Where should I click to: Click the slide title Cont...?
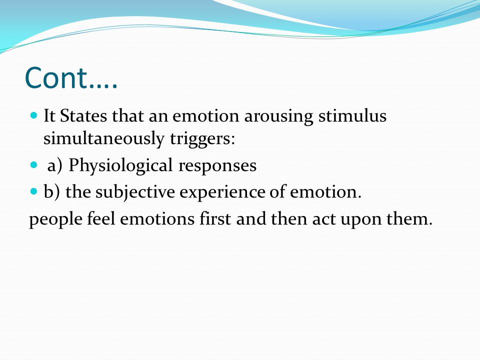[71, 78]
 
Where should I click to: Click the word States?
[83, 115]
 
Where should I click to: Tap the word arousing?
[278, 117]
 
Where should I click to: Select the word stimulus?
[352, 115]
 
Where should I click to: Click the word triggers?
[202, 139]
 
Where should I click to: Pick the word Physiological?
[120, 166]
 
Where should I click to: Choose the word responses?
[217, 167]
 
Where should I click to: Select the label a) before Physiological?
[55, 166]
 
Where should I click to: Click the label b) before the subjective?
[52, 192]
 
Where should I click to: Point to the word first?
[215, 219]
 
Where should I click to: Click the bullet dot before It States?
[34, 115]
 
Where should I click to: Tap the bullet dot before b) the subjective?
[34, 192]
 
